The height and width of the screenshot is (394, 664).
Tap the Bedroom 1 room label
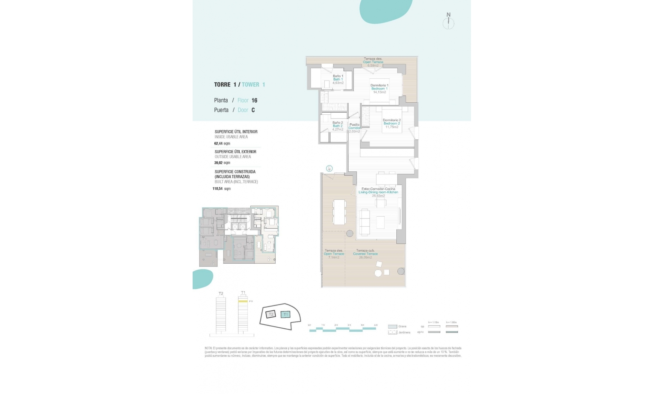coord(379,88)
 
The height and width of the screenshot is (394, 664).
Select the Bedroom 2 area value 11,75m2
coord(392,127)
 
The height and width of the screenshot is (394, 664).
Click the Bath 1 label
coord(338,79)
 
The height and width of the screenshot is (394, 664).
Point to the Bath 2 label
coord(338,126)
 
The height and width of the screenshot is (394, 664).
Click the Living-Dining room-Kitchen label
coord(378,192)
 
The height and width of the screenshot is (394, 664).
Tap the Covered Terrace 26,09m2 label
coord(365,254)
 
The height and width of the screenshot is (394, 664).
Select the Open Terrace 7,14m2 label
coord(334,254)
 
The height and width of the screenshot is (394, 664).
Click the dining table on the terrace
coord(339,212)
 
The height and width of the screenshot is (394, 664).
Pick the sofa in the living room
coord(365,222)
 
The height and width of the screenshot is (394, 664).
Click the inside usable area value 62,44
coord(218,143)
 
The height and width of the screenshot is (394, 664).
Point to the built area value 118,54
coord(218,189)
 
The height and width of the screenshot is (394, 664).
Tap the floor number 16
coord(254,101)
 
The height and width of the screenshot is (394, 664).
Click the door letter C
coord(253,110)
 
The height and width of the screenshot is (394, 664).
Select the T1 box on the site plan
coord(285,315)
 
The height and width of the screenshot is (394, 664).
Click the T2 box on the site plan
coord(271,314)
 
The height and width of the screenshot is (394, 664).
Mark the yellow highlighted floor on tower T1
coord(243,301)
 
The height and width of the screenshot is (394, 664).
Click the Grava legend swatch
coord(392,326)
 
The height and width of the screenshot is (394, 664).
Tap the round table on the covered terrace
coord(378,273)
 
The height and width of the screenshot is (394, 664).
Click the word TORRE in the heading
coord(222,85)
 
